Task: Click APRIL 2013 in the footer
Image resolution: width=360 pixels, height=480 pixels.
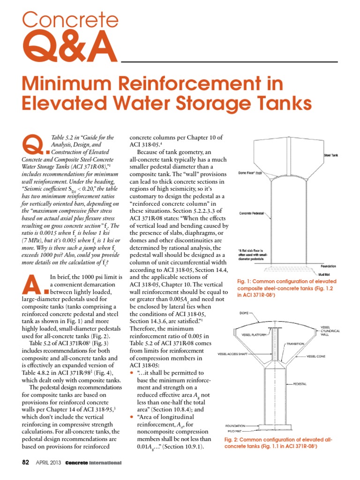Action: click(48, 463)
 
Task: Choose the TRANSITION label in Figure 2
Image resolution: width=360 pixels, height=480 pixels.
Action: click(296, 344)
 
